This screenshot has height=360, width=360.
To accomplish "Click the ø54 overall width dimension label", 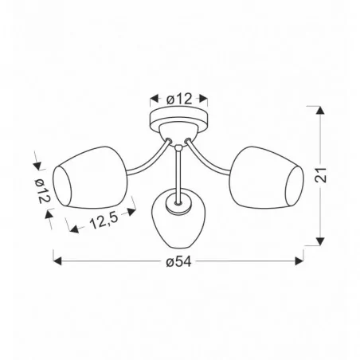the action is pos(178,262).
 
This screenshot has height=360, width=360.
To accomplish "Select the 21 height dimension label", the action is pos(321,175).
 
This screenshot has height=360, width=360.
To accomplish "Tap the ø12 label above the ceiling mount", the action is pos(179,100).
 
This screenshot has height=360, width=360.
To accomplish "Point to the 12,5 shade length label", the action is pos(104,221).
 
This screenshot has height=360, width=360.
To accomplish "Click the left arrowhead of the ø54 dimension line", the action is pos(57,261).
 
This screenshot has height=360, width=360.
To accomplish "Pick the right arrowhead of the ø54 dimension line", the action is pos(299,261).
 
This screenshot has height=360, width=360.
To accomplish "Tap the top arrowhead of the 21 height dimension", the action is pos(321,110).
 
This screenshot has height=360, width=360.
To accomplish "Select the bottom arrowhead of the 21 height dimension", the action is pos(321,241).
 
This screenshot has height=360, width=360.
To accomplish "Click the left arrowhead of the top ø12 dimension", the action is pos(155,99).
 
